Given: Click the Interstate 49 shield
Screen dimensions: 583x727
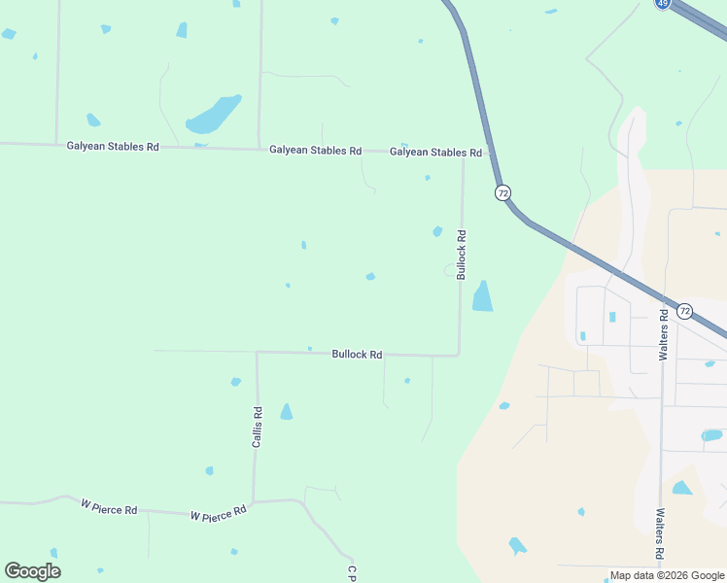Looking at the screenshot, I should [662, 4].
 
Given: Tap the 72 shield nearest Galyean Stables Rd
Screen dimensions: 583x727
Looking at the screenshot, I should [502, 192].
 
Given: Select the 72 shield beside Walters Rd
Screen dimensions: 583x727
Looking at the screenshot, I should [684, 311].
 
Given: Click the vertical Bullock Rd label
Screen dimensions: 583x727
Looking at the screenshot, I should [462, 250].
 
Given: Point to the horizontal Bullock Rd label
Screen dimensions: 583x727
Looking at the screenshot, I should [357, 355].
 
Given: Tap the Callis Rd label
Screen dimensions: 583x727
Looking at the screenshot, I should [258, 427].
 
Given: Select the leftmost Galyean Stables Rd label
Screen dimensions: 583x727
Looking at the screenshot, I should [113, 147].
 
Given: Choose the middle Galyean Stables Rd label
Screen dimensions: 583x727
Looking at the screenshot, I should [315, 151].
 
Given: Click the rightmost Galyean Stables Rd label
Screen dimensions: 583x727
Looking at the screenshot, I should [435, 153].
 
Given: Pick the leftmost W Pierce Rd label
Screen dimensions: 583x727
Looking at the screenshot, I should [109, 508].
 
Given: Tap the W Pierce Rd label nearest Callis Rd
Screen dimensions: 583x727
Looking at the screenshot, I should [219, 514].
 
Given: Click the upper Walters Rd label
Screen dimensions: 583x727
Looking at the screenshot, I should [663, 335].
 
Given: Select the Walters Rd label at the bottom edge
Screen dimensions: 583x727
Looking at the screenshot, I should [660, 534].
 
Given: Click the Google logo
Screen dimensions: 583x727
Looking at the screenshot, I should [33, 571].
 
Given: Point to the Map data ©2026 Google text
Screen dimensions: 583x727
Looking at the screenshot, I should [667, 575].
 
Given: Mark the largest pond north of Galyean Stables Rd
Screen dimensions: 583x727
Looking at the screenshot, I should [214, 116].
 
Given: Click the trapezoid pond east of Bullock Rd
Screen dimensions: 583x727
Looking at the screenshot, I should [482, 296].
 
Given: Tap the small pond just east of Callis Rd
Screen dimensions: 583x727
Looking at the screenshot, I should [286, 412].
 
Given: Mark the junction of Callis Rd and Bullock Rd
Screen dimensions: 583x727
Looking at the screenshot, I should [257, 353].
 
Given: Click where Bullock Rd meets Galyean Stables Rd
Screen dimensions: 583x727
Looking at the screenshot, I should [463, 154].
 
